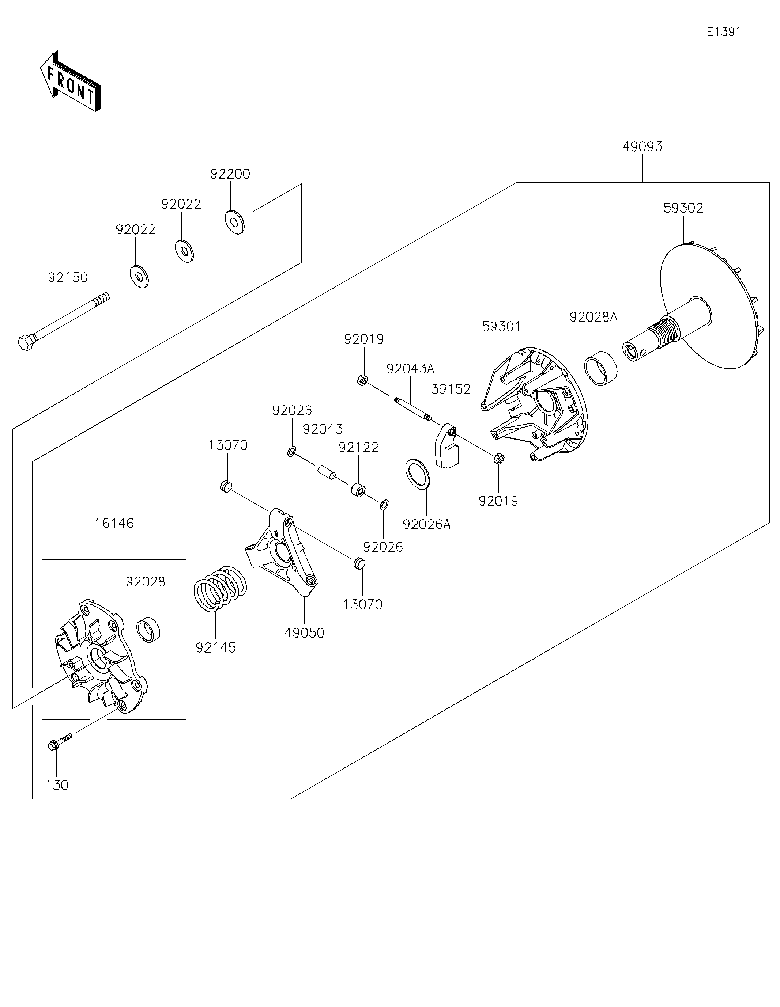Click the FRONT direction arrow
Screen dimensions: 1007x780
(70, 81)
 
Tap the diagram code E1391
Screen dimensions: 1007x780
(724, 32)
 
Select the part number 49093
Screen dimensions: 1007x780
(642, 147)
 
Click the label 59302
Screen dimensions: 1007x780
(683, 208)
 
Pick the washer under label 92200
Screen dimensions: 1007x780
(234, 222)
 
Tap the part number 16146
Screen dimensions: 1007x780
(114, 523)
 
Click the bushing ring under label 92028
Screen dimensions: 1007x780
(148, 629)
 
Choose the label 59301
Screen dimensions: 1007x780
(501, 326)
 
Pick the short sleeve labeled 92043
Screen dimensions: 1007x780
(326, 472)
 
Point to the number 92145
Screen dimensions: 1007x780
(215, 648)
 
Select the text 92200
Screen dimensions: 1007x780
(230, 174)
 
